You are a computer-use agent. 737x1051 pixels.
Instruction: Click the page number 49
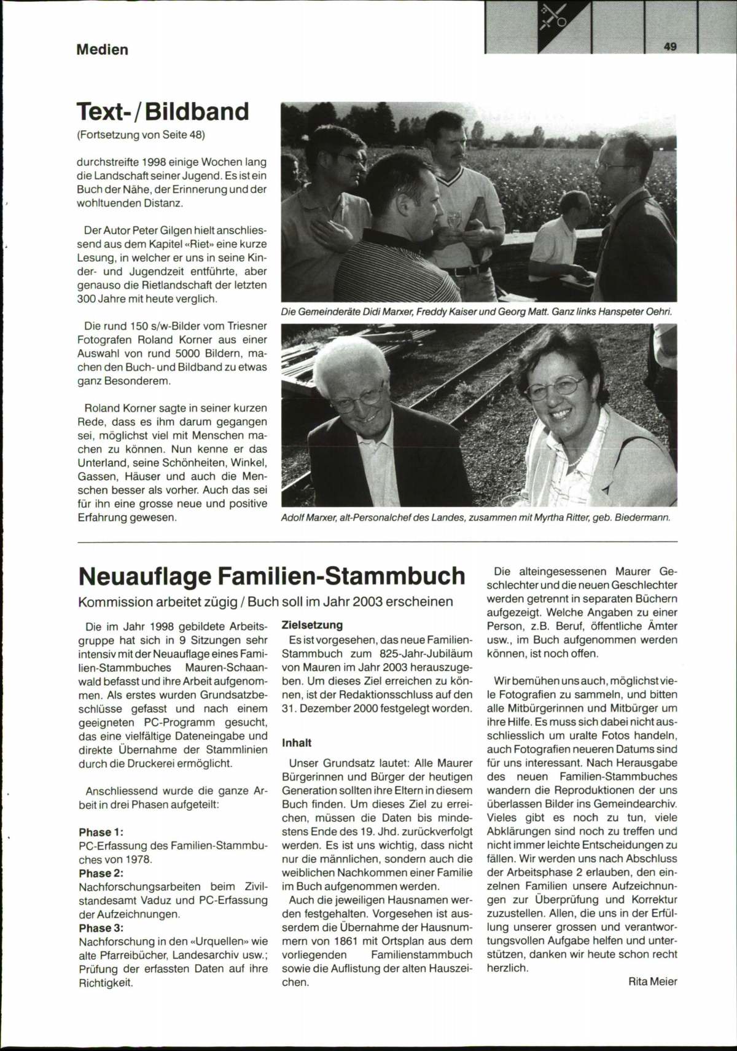point(670,46)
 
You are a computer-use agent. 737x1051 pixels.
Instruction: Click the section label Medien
point(102,49)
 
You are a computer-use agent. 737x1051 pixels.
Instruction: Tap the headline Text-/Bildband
point(163,112)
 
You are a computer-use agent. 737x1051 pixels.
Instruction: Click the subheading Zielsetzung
point(312,625)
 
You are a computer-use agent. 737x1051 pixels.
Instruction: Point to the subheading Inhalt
point(297,742)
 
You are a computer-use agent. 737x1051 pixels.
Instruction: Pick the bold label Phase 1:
point(101,832)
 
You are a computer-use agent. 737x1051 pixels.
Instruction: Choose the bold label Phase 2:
point(101,873)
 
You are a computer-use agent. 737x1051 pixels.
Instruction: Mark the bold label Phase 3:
point(101,927)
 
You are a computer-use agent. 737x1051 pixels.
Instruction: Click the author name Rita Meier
point(652,982)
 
